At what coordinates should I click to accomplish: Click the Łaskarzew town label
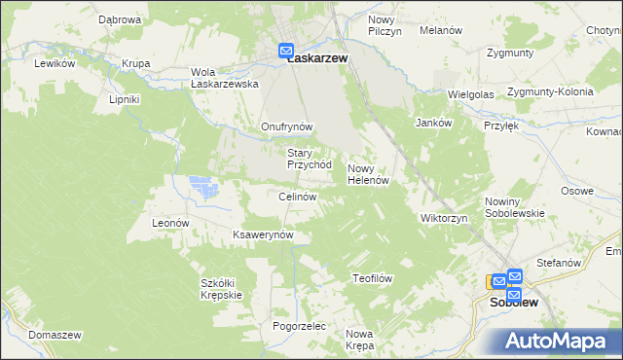(318, 57)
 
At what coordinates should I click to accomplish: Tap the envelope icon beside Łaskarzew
(287, 51)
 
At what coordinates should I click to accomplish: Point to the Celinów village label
(298, 198)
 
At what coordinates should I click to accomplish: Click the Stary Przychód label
(310, 159)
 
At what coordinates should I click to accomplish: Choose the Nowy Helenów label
(369, 174)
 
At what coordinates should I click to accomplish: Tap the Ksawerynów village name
(263, 236)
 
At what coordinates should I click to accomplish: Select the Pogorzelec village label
(298, 326)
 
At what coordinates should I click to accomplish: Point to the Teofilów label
(371, 278)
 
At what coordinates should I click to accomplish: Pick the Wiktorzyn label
(444, 218)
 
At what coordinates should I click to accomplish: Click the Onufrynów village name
(286, 127)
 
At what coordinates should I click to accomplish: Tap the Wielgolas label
(470, 94)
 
